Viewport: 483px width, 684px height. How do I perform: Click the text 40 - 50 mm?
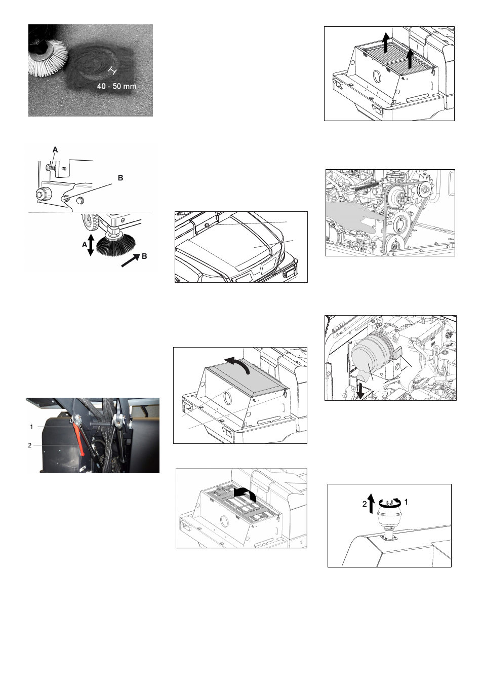(116, 87)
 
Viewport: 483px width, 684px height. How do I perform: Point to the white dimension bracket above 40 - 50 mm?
(113, 71)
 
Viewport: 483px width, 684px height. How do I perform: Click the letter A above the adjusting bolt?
(55, 149)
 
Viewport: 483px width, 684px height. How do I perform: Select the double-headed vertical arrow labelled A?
(91, 245)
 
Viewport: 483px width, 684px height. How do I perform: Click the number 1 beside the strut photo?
(31, 427)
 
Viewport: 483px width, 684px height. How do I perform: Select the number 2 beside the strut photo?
(29, 445)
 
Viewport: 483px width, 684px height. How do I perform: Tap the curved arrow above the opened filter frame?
(245, 493)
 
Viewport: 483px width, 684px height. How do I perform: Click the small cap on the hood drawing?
(207, 225)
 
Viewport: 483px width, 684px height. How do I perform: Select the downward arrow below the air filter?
(360, 391)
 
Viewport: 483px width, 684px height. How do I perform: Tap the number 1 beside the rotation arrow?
(406, 502)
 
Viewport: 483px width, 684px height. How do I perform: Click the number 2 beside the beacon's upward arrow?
(365, 504)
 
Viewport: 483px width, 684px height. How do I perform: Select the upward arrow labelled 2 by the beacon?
(371, 504)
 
